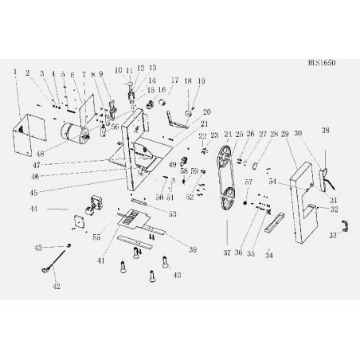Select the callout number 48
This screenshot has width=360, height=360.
(39, 147)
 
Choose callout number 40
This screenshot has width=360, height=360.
(177, 275)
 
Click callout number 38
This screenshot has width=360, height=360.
(325, 130)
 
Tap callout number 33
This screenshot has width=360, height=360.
(334, 236)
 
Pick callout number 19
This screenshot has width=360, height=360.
(202, 80)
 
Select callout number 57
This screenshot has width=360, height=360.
(248, 182)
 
